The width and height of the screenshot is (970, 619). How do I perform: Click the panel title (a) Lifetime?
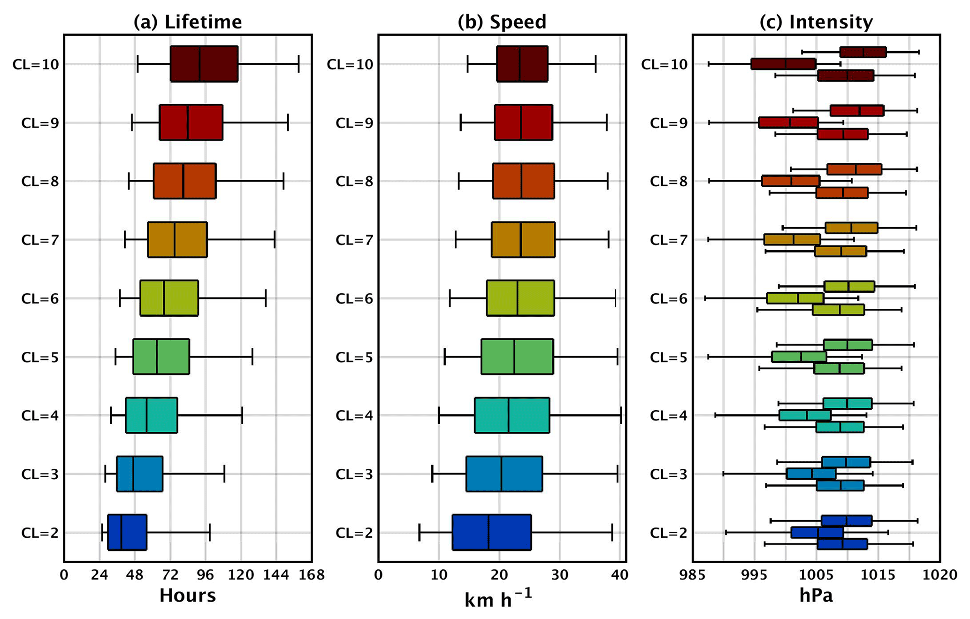(188, 22)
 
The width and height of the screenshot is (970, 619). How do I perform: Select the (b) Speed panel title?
(502, 22)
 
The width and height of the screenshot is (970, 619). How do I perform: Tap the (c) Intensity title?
(816, 22)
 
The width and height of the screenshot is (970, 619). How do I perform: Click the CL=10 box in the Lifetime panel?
(204, 64)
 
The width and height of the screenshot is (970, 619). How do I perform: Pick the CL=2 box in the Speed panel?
(492, 532)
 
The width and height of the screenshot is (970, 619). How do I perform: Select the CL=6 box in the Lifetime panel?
(169, 298)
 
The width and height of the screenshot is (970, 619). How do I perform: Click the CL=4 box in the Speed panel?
(512, 415)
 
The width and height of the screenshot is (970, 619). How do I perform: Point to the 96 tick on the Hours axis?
(206, 575)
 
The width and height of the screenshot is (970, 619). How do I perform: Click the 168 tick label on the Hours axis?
(312, 575)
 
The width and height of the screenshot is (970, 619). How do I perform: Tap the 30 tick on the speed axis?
(560, 575)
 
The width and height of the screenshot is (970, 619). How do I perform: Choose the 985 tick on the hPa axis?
(693, 575)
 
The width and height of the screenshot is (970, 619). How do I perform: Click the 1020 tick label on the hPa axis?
(940, 575)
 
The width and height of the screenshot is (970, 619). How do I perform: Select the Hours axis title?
(188, 596)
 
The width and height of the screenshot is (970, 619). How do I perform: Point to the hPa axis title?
(816, 596)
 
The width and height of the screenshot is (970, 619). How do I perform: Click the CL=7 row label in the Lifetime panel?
(40, 240)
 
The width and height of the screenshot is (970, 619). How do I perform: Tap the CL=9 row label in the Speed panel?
(354, 123)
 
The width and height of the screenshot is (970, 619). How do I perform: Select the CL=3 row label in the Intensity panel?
(669, 474)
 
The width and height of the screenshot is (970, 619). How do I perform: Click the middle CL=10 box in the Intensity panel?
(783, 64)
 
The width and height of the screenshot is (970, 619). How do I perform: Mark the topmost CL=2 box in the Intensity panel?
(847, 520)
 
